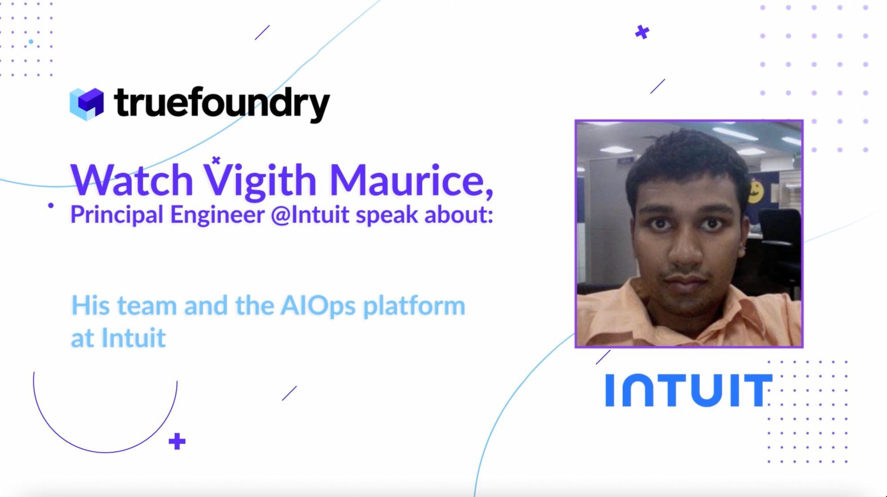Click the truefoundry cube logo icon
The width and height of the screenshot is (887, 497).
click(x=87, y=104)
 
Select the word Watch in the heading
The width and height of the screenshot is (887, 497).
click(x=132, y=180)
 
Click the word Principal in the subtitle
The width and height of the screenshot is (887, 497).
click(x=117, y=215)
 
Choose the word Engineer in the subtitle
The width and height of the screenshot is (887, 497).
click(x=217, y=215)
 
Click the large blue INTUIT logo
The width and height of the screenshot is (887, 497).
click(x=688, y=391)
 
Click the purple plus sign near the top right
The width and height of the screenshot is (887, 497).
click(x=642, y=32)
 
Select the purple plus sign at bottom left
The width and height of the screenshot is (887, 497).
click(x=177, y=441)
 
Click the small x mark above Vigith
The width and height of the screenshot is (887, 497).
click(x=216, y=160)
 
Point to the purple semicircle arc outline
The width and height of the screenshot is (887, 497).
click(x=106, y=451)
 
